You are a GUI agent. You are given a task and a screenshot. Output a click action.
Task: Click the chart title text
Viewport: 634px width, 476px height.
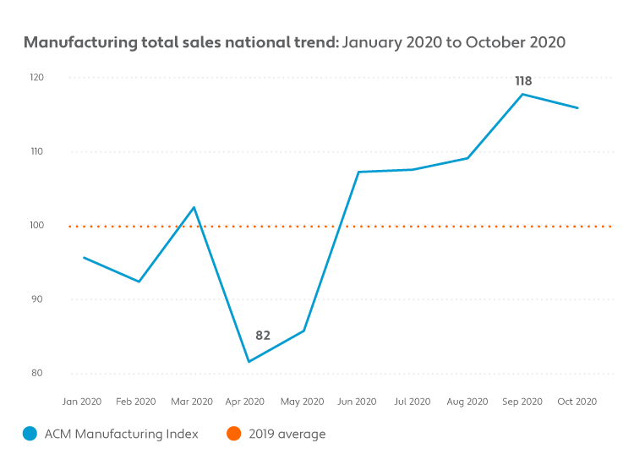294,42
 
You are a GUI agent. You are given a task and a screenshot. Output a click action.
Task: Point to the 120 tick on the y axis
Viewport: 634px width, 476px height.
37,78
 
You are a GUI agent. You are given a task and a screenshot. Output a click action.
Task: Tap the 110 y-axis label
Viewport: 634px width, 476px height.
37,151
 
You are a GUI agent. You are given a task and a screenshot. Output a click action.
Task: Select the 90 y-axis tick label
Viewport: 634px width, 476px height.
37,299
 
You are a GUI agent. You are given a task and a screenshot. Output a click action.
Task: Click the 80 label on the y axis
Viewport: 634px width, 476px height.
37,373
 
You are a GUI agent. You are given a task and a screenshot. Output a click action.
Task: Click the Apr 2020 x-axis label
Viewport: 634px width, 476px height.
247,402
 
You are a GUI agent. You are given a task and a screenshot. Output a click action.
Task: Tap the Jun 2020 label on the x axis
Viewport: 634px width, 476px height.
358,402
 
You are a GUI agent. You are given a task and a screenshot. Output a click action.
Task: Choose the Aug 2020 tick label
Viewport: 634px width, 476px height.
467,402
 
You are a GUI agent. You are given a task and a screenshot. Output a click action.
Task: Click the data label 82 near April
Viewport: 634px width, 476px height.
263,336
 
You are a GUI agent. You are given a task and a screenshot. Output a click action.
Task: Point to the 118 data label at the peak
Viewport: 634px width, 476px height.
523,82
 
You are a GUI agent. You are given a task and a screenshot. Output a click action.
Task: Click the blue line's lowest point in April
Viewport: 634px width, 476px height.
249,362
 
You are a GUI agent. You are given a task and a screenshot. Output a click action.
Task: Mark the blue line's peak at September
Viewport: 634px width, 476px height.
523,94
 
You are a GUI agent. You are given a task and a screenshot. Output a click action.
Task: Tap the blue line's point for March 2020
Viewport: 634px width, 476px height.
194,207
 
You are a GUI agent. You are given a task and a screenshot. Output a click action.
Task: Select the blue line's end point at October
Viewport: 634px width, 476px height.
578,108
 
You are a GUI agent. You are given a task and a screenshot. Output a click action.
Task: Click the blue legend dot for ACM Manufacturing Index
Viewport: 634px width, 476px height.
30,435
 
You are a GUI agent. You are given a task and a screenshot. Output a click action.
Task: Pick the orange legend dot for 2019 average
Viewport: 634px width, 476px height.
233,435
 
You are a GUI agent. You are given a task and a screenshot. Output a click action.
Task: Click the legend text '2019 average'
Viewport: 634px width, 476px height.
287,435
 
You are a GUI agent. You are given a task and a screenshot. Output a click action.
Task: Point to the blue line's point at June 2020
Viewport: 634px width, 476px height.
358,172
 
